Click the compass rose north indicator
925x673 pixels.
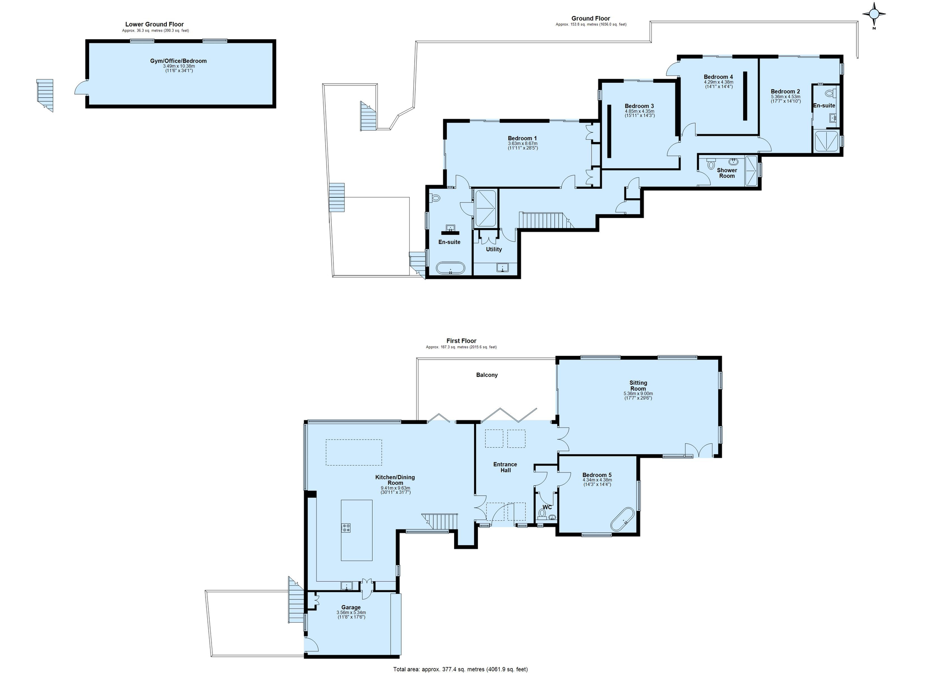click(x=873, y=15)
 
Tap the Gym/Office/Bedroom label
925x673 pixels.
click(x=178, y=61)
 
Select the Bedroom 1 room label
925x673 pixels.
click(x=522, y=138)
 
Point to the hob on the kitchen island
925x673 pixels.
click(x=346, y=528)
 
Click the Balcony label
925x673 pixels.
click(x=486, y=375)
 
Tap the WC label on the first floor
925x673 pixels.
click(x=547, y=507)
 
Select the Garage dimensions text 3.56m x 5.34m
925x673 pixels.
click(x=351, y=613)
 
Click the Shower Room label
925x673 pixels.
click(x=727, y=173)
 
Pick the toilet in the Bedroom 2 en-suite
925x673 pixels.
click(x=830, y=94)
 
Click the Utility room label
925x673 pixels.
click(x=493, y=249)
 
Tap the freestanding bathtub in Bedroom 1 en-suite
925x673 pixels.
click(x=450, y=268)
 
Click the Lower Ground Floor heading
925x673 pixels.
click(x=154, y=24)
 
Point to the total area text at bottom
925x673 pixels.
click(x=460, y=669)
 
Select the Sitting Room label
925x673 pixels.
click(x=638, y=386)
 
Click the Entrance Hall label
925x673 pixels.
click(x=505, y=467)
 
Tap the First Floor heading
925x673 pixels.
click(x=461, y=341)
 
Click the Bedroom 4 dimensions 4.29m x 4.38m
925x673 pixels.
click(x=718, y=82)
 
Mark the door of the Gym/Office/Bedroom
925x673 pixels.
click(x=81, y=88)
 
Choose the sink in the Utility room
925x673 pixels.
click(x=503, y=268)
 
